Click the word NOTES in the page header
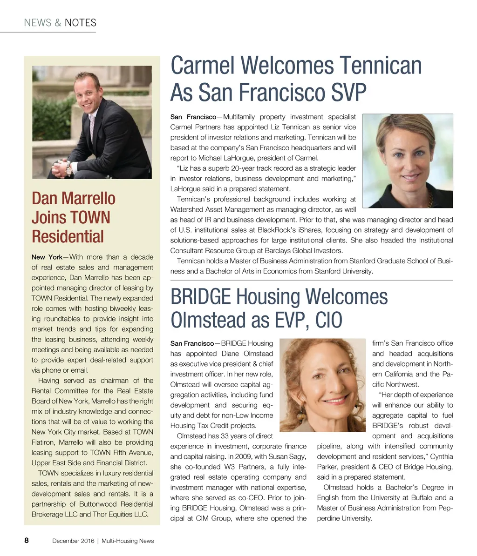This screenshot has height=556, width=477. [x=81, y=23]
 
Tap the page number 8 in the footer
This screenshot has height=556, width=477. [x=27, y=541]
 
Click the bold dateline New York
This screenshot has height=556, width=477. [x=47, y=257]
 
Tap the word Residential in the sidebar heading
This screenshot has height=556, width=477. [x=68, y=236]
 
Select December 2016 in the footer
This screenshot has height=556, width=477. [x=73, y=541]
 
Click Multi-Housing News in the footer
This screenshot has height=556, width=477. [x=128, y=541]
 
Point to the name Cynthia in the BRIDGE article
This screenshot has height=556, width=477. [x=442, y=456]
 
